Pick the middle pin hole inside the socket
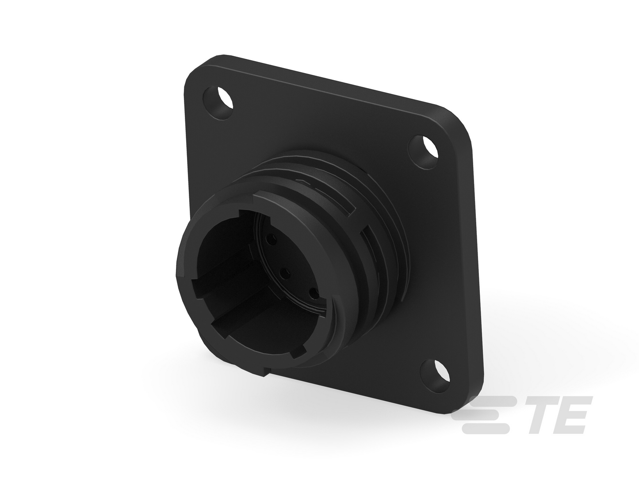pos(285,273)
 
